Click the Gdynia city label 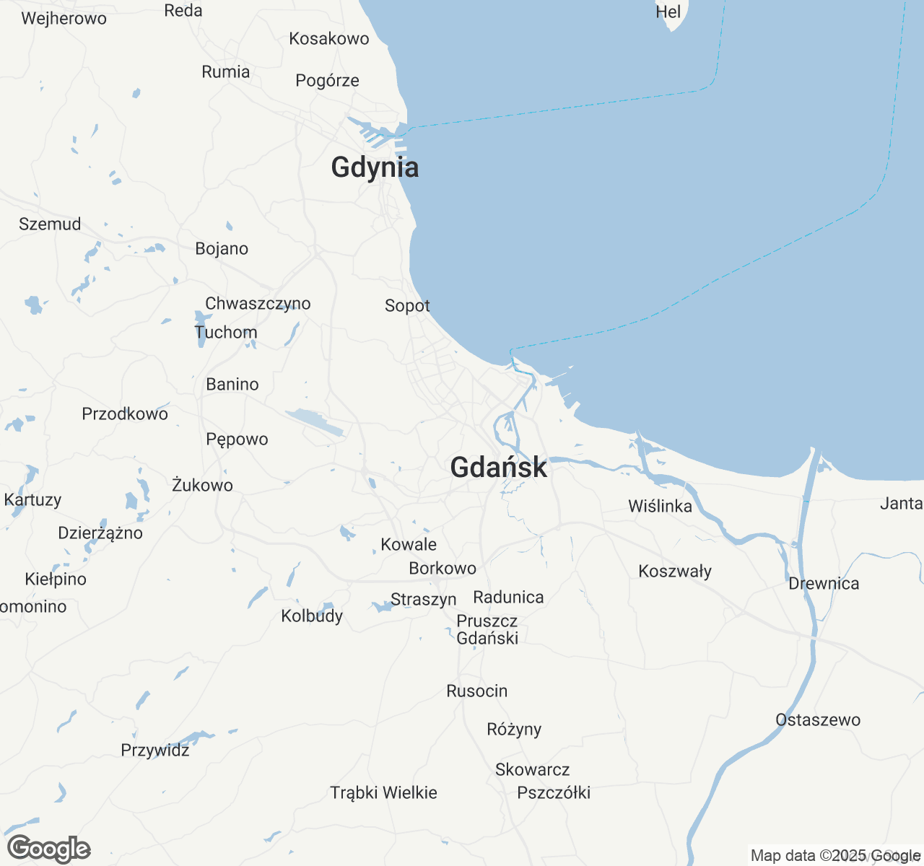pyautogui.click(x=375, y=167)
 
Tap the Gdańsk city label pyautogui.click(x=498, y=468)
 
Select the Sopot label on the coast pyautogui.click(x=407, y=306)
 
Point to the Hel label pyautogui.click(x=668, y=12)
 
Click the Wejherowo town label pyautogui.click(x=64, y=19)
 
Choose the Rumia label pyautogui.click(x=226, y=72)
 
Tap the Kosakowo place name pyautogui.click(x=329, y=39)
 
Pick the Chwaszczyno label pyautogui.click(x=258, y=304)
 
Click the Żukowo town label pyautogui.click(x=202, y=486)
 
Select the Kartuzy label pyautogui.click(x=32, y=500)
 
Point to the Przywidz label pyautogui.click(x=155, y=751)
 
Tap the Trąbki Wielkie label pyautogui.click(x=384, y=793)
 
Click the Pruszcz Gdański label pyautogui.click(x=487, y=629)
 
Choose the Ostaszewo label pyautogui.click(x=818, y=720)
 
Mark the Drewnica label pyautogui.click(x=824, y=584)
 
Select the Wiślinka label pyautogui.click(x=660, y=507)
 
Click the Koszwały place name pyautogui.click(x=675, y=572)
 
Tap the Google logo pyautogui.click(x=48, y=849)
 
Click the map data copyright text pyautogui.click(x=835, y=856)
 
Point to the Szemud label pyautogui.click(x=50, y=224)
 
